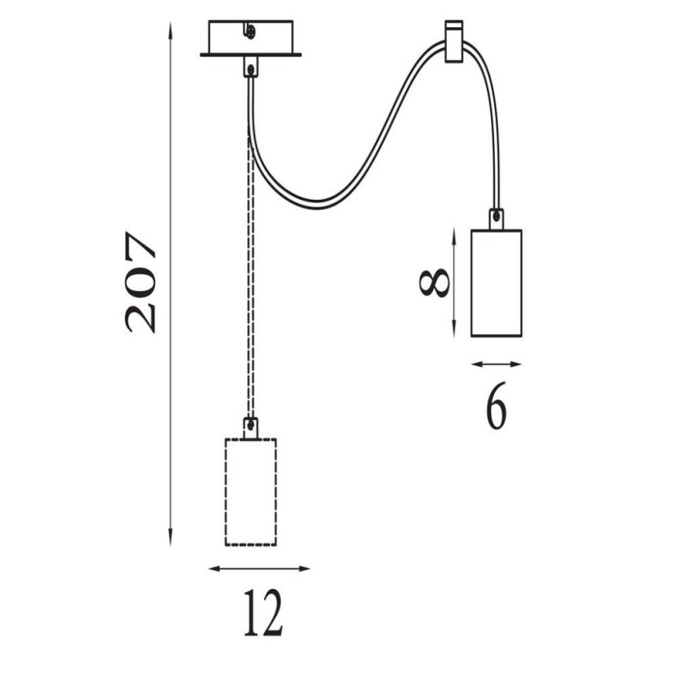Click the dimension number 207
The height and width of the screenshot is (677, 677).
pos(140,283)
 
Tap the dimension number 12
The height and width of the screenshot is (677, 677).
pos(263,613)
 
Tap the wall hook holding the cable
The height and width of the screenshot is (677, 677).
pos(454,41)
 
